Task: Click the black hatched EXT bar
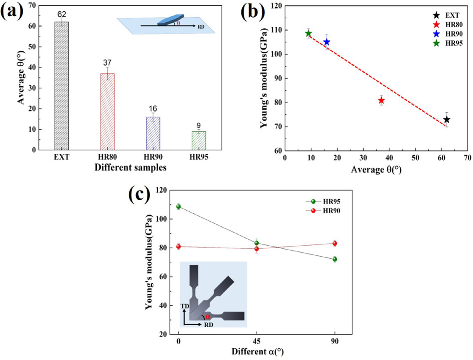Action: pyautogui.click(x=62, y=86)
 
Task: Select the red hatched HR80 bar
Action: pyautogui.click(x=107, y=112)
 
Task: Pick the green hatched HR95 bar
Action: pyautogui.click(x=198, y=140)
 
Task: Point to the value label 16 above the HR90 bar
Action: pyautogui.click(x=153, y=109)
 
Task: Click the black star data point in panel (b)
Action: pyautogui.click(x=447, y=120)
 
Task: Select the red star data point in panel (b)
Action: pyautogui.click(x=381, y=101)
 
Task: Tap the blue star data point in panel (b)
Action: pyautogui.click(x=327, y=42)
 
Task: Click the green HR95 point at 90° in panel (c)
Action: pyautogui.click(x=335, y=259)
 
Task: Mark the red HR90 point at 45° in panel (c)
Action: pyautogui.click(x=257, y=249)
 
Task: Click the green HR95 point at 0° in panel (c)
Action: pyautogui.click(x=179, y=206)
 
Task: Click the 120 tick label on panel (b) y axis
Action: pyautogui.click(x=276, y=6)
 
